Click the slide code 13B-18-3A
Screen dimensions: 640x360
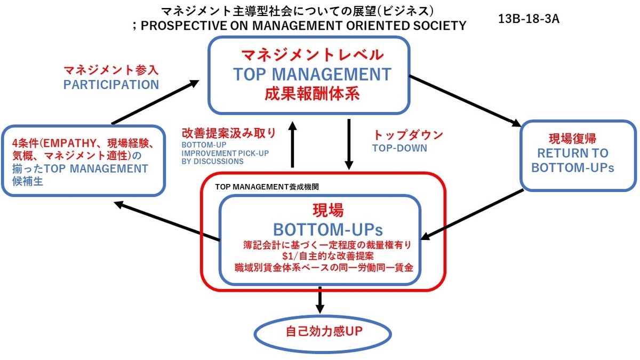(529, 19)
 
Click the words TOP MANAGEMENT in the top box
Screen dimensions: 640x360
(313, 74)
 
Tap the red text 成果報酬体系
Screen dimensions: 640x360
(312, 94)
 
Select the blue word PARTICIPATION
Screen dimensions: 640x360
(111, 85)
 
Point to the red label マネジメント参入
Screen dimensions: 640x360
(111, 70)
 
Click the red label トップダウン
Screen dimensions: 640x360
(408, 135)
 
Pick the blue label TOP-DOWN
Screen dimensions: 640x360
(399, 148)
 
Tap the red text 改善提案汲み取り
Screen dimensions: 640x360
(229, 133)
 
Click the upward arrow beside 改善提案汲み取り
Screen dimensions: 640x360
(293, 145)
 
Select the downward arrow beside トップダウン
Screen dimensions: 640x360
(349, 145)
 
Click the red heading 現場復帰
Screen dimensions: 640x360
(573, 139)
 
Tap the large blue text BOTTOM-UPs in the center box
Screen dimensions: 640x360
(328, 229)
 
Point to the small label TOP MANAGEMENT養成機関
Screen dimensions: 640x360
(267, 187)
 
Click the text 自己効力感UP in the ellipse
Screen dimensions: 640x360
(324, 332)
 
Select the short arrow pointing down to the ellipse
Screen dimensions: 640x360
(319, 300)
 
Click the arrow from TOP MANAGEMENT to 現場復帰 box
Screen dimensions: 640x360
(465, 101)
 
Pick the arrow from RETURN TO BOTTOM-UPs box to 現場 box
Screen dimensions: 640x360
(471, 215)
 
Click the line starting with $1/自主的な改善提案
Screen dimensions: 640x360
(327, 255)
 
